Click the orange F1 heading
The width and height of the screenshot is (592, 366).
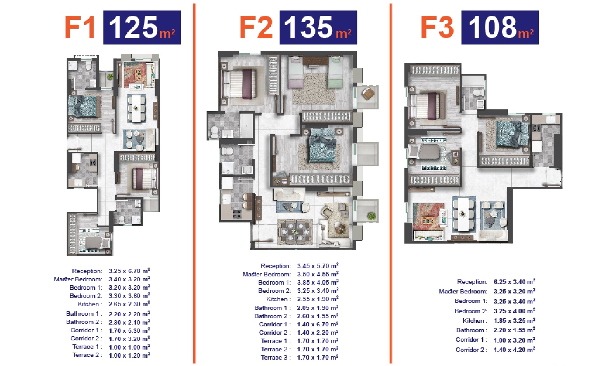coord(80,27)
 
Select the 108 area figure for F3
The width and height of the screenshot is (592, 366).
coord(492,27)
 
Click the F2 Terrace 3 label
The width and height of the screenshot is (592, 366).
coord(274,357)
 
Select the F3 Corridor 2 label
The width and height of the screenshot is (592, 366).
coord(470,350)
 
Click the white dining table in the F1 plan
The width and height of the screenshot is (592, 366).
coord(136,108)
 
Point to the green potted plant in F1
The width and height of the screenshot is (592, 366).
coord(110,76)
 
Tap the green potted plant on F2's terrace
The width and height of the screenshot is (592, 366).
coord(371,216)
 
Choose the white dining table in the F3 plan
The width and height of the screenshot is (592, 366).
coord(463,215)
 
